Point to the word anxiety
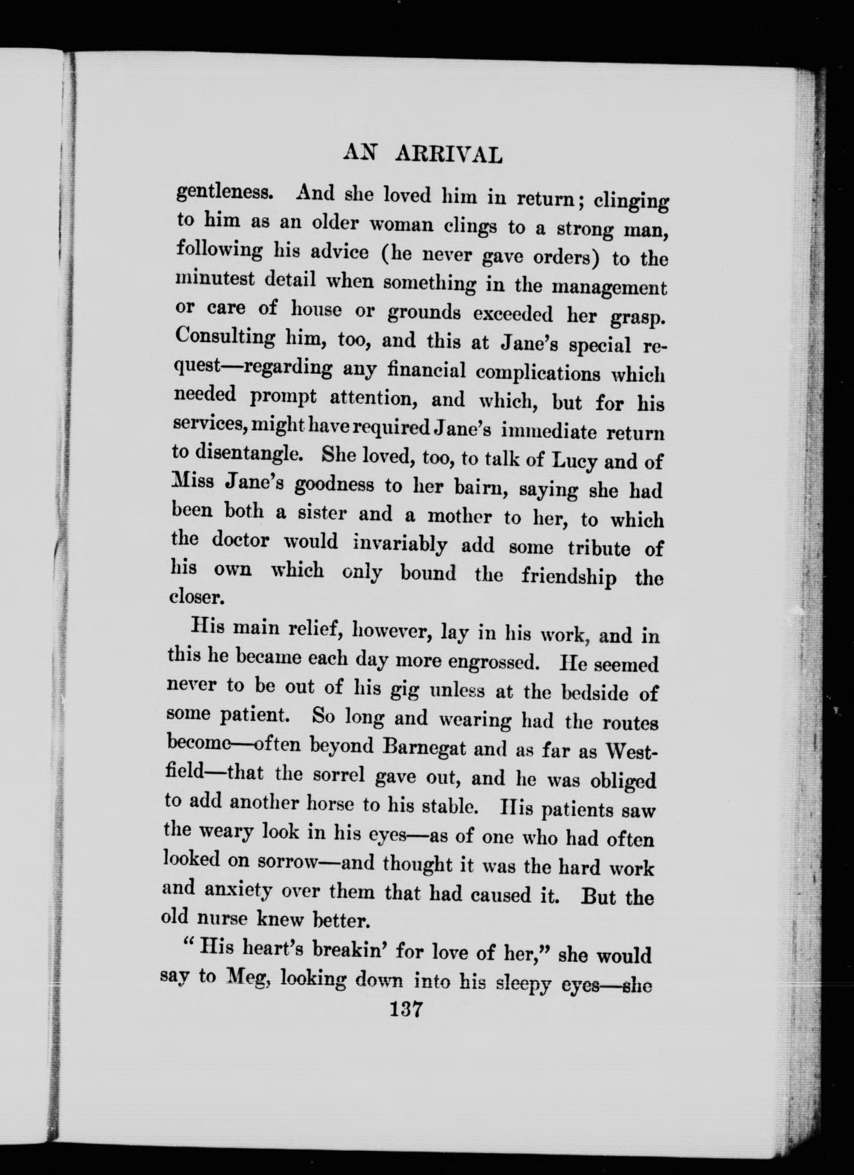[x=238, y=890]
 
